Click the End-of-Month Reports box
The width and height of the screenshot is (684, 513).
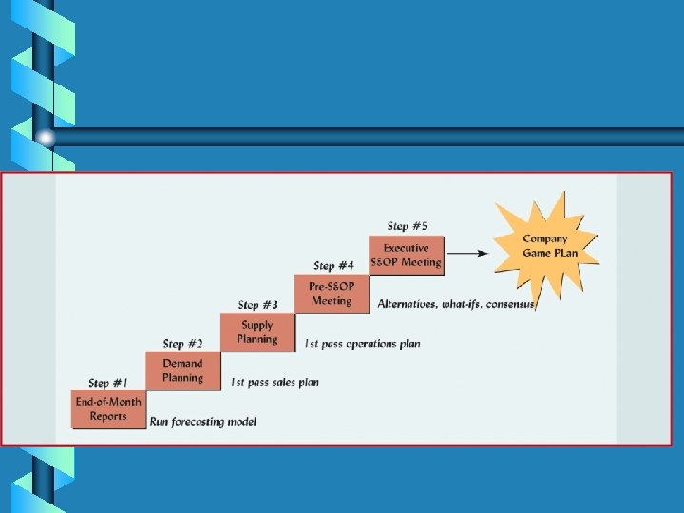point(109,408)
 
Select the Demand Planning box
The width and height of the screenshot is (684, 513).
point(182,370)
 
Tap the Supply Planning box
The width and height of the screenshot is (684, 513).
point(256,332)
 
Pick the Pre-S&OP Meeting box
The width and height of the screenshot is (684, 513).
point(331,294)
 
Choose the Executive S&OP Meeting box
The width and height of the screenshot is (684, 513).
point(406,255)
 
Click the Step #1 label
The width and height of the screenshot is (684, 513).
point(107,383)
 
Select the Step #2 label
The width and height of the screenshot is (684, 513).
point(182,344)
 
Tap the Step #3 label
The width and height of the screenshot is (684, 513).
point(257,305)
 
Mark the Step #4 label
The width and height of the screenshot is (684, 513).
point(334,265)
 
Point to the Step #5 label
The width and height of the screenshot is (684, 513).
point(407,226)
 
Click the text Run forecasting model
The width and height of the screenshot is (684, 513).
point(204,421)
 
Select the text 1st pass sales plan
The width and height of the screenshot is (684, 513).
point(275,382)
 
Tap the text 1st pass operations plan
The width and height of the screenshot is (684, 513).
point(362,343)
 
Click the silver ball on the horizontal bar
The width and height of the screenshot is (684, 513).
point(47,138)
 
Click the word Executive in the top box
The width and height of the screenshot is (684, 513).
point(406,248)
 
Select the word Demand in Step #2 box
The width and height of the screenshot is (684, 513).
point(182,364)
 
